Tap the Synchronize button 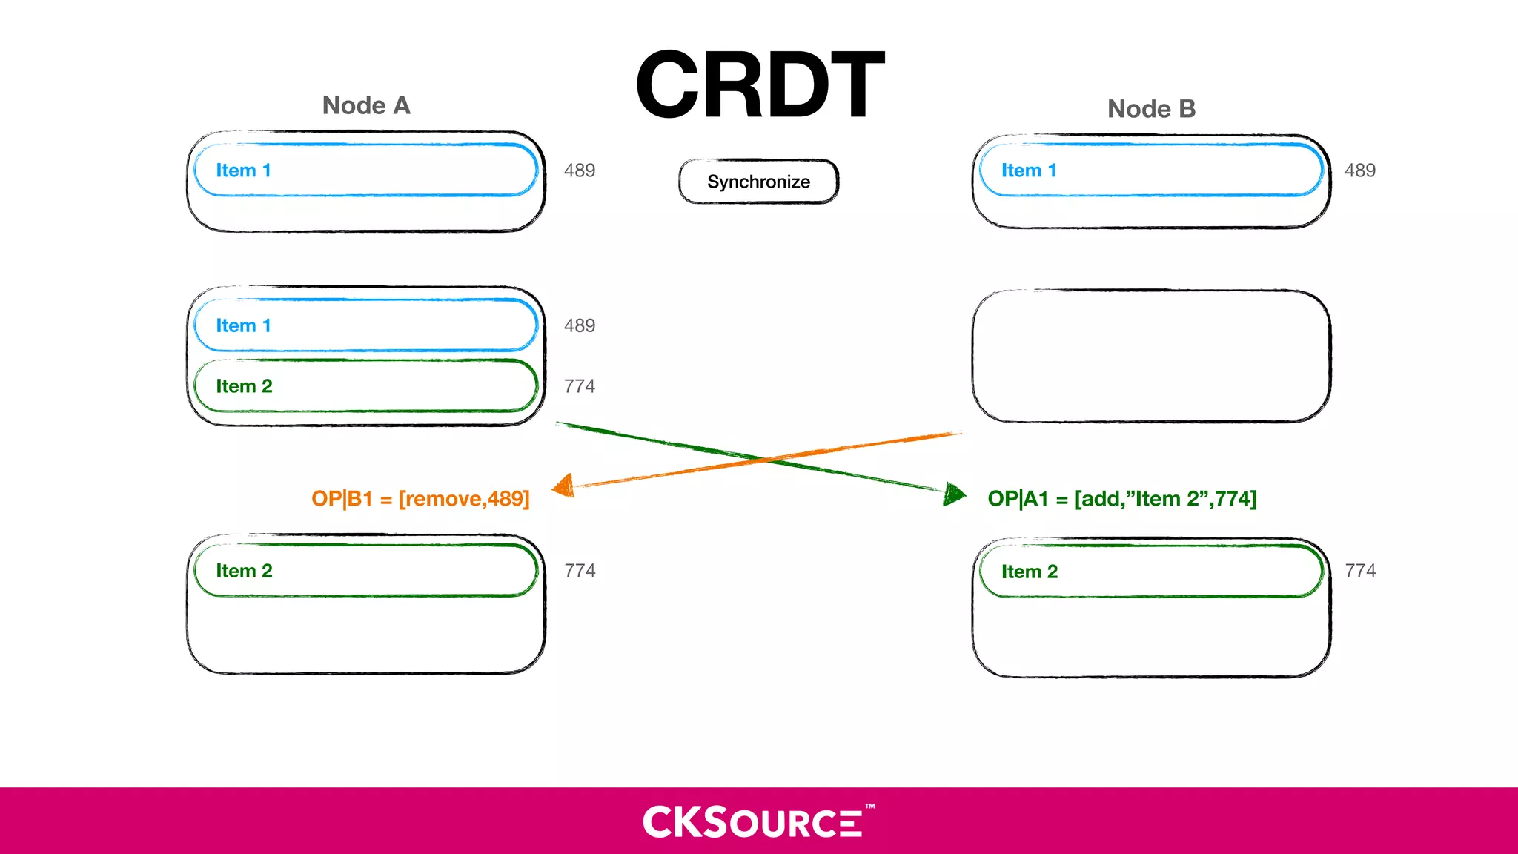coord(758,182)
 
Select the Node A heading coord(366,105)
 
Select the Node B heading coord(1151,109)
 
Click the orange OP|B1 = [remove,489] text coord(420,499)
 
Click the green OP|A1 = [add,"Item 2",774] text coord(1121,499)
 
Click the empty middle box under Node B coord(1150,357)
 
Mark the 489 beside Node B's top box coord(1359,171)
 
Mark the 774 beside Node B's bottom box coord(1359,571)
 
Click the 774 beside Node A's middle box coord(579,386)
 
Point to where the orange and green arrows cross coord(763,459)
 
